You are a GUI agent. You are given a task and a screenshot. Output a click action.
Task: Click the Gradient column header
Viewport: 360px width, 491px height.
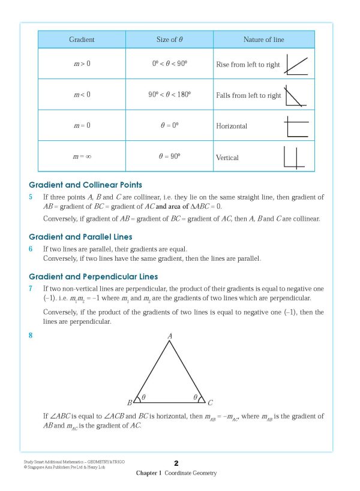(x=82, y=40)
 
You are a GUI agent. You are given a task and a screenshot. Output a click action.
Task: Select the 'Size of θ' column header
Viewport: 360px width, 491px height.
(x=169, y=40)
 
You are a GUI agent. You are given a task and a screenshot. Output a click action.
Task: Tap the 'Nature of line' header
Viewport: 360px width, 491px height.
(x=263, y=40)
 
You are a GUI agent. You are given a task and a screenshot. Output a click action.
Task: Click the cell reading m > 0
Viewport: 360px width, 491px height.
(x=82, y=64)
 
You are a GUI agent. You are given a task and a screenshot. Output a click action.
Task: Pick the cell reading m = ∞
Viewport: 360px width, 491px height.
(x=82, y=156)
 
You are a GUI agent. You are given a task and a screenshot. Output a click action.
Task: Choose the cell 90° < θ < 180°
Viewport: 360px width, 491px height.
(x=169, y=95)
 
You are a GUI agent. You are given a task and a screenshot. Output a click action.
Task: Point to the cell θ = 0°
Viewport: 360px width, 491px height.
(x=169, y=126)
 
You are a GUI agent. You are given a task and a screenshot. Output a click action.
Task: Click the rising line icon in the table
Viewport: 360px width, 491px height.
(x=296, y=64)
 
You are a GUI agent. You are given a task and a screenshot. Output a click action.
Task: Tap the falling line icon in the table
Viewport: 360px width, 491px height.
(x=296, y=95)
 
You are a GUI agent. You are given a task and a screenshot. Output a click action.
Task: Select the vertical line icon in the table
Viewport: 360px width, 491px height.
(x=296, y=156)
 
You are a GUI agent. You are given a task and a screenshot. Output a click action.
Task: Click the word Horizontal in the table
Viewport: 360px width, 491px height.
(x=232, y=126)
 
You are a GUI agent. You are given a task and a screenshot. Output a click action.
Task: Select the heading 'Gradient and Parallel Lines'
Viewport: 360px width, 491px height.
(x=80, y=237)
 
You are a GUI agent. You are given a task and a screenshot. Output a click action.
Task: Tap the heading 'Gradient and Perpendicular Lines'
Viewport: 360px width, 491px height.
(x=94, y=276)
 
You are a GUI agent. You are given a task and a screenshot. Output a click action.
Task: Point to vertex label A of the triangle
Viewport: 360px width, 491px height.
(x=170, y=338)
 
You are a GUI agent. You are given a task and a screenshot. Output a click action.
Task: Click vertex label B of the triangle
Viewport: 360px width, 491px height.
(x=130, y=403)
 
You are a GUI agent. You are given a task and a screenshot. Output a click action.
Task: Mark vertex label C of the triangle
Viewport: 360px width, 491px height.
(x=211, y=403)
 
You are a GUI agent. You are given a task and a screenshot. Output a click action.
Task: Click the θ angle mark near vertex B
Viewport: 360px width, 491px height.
(x=143, y=397)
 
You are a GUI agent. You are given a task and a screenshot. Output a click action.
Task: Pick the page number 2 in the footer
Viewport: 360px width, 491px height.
(x=176, y=463)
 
